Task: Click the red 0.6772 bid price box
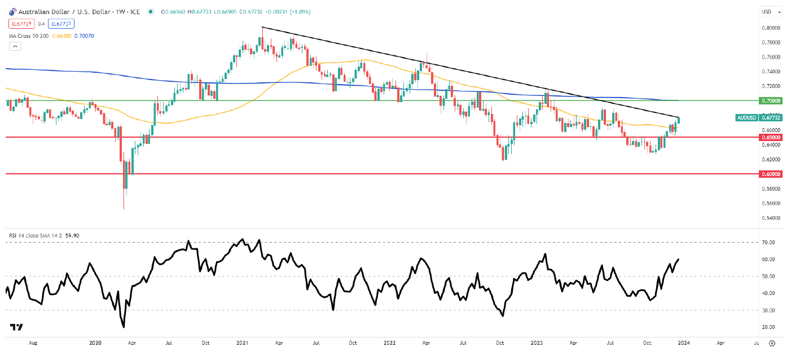(21, 24)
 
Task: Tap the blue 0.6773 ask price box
(61, 24)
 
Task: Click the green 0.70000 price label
(771, 100)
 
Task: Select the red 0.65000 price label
(771, 137)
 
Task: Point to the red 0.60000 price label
(771, 174)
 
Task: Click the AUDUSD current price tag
(759, 117)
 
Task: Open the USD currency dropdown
(772, 12)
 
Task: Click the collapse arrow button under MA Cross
(15, 46)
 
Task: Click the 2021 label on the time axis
(242, 343)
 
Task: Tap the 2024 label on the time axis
(684, 343)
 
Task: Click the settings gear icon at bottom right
(772, 343)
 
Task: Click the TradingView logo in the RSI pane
(16, 327)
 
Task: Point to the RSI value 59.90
(72, 235)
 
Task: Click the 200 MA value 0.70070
(84, 36)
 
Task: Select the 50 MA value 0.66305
(62, 36)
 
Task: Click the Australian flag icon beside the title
(13, 12)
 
